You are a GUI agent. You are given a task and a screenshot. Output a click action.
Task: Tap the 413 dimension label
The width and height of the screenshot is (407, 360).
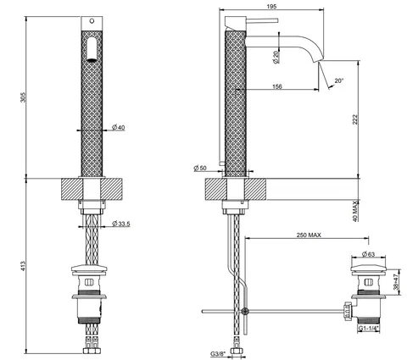(23, 266)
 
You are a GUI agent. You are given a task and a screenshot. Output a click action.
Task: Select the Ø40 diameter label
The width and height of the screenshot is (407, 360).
(118, 128)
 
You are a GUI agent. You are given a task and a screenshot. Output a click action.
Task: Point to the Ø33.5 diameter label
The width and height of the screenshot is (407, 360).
(121, 224)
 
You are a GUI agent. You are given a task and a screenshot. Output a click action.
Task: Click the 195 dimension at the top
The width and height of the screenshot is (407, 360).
(271, 6)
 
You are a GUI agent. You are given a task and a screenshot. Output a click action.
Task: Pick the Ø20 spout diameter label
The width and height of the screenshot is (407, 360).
(276, 57)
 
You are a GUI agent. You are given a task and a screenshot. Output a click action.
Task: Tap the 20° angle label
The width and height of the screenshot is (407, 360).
(339, 80)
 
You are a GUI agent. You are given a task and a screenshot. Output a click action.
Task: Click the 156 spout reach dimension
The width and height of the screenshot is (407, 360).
(277, 86)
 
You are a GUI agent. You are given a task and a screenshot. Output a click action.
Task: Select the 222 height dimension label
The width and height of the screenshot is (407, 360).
(354, 119)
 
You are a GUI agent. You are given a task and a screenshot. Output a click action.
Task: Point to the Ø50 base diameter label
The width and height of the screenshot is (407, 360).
(200, 168)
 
